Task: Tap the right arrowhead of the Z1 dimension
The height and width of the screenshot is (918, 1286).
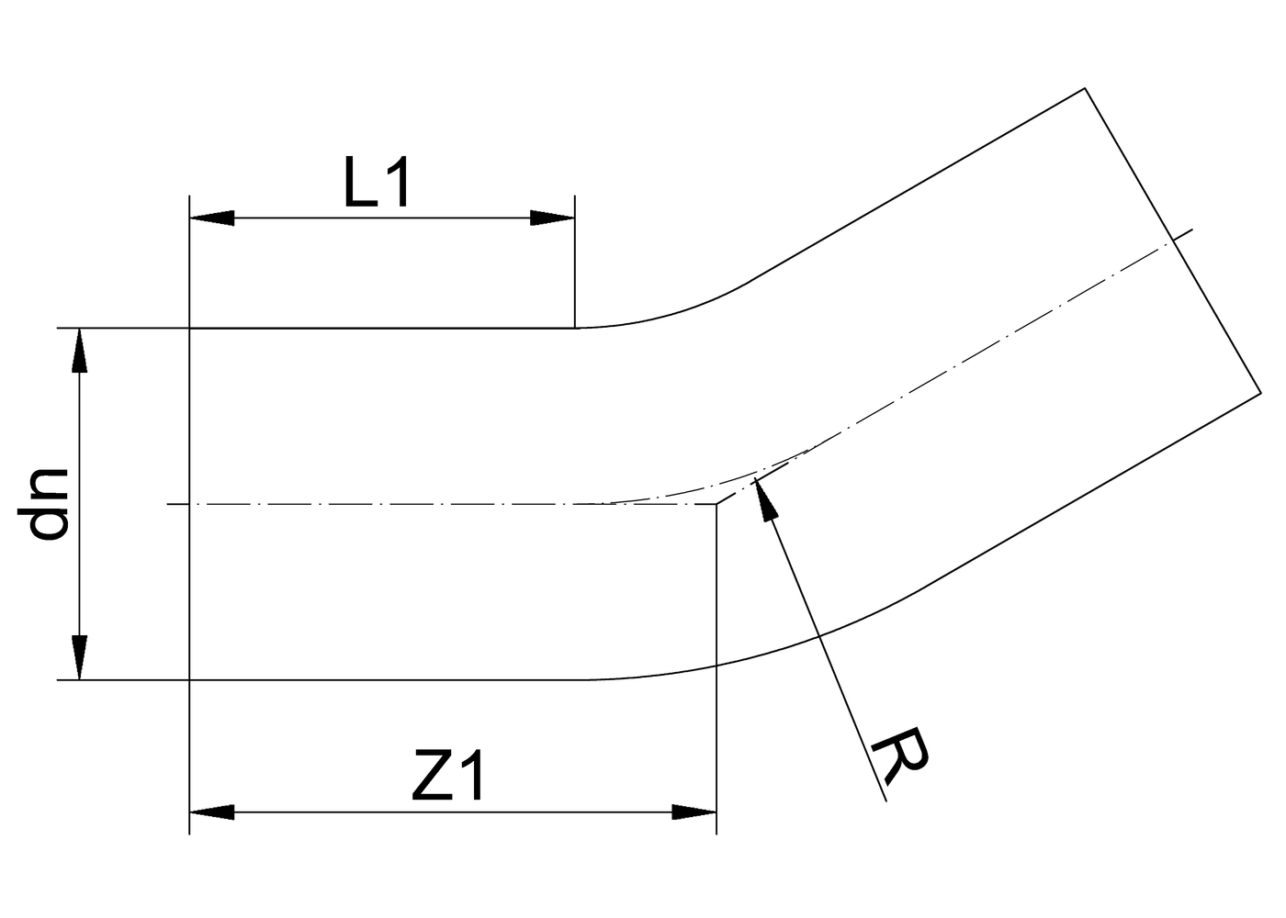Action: pos(694,812)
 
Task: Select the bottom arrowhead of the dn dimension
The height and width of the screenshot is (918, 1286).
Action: pos(81,657)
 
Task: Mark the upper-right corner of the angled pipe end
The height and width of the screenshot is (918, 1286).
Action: pos(1086,88)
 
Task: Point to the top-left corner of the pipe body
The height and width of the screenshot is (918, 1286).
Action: pos(189,328)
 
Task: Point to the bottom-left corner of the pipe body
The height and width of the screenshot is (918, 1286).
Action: pos(189,680)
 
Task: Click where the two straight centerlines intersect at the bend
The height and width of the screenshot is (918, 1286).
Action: pos(716,504)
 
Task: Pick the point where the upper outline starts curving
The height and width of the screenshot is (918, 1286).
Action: pos(575,328)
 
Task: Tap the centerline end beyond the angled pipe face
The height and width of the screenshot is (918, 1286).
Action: pos(1191,229)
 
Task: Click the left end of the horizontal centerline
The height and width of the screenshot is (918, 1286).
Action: pos(167,504)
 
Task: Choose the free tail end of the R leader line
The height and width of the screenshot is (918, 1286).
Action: pos(886,801)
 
